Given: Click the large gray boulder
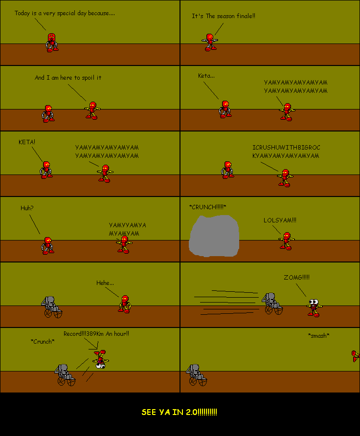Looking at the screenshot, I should pos(214,236).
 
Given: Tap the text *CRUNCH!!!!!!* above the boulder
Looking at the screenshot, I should pos(207,207).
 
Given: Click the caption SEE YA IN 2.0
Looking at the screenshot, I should pos(180,412).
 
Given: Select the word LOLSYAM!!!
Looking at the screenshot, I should pos(280,220).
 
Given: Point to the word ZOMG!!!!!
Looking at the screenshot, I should pos(296,277).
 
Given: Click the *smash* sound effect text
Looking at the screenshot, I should pos(318,335).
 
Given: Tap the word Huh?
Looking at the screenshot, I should pos(27,208).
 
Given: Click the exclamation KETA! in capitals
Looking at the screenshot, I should pos(27,142).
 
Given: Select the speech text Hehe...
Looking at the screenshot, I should pos(105,283).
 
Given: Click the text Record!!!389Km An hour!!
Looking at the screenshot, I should pos(96,334).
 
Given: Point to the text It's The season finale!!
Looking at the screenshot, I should pos(224,16).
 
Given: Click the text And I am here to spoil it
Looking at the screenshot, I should pos(68,77).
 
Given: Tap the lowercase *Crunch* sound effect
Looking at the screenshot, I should pos(43,341).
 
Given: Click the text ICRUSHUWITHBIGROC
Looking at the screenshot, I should pos(287,147).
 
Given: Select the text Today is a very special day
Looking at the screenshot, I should pos(65,13).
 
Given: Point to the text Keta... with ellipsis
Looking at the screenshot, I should pos(206,76).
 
